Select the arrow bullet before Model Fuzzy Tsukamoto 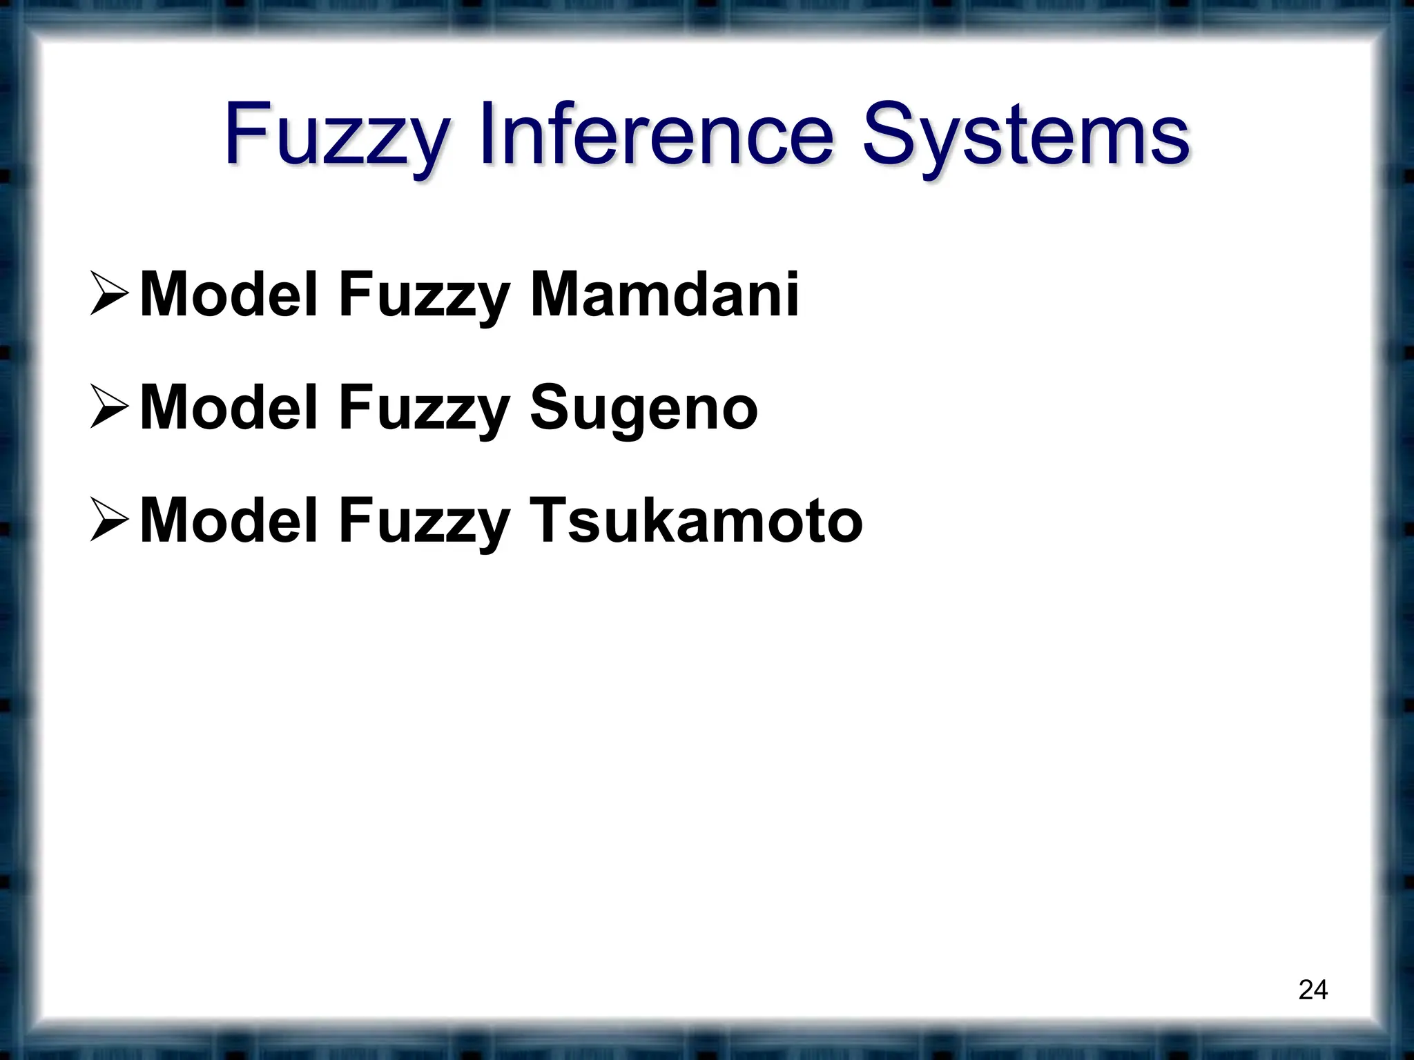(109, 522)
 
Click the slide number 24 (1313, 990)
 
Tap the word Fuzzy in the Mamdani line (423, 297)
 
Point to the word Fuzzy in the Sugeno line (423, 410)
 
